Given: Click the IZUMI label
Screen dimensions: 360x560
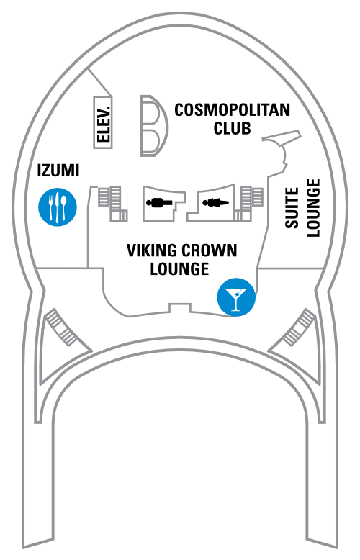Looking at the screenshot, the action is tap(58, 171).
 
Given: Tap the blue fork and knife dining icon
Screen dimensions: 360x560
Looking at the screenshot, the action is tap(58, 207).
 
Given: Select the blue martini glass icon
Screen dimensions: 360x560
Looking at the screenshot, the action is tap(236, 297).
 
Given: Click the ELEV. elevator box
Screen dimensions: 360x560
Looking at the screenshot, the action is tap(103, 122).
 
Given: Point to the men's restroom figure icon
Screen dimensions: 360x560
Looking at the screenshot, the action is tap(159, 203).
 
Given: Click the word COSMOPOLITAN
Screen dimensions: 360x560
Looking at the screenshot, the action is tap(232, 110).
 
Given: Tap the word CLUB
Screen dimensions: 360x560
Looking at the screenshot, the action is tap(232, 128).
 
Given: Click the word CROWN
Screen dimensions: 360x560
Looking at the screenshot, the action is tap(210, 250).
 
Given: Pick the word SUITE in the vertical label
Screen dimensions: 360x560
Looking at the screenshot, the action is tap(292, 208).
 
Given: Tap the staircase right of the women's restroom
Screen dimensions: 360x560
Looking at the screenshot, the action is tap(249, 203).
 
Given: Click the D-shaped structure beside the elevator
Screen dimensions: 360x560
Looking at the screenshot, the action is tap(153, 126).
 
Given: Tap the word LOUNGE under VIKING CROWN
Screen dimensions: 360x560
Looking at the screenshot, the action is tap(179, 269).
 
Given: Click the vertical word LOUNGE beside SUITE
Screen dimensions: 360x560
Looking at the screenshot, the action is tap(313, 208).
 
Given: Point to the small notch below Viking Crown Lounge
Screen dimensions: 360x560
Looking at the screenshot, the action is tap(180, 308).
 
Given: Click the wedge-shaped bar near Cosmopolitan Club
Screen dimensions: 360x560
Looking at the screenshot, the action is tap(282, 137).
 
